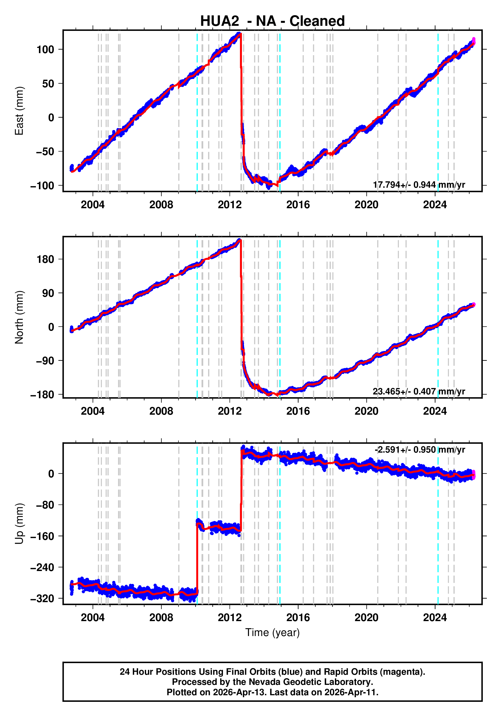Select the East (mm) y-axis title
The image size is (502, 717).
[19, 111]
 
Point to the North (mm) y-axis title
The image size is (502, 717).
[19, 317]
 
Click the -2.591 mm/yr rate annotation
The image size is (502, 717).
[420, 450]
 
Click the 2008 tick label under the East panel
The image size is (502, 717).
[161, 205]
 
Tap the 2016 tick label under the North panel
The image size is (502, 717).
[298, 411]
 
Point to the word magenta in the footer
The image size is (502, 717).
[405, 672]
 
